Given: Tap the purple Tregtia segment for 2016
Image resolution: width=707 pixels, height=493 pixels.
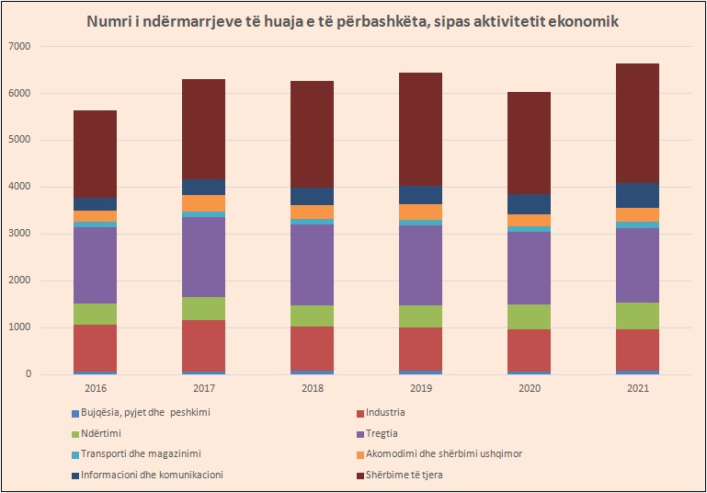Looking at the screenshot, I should point(95,265).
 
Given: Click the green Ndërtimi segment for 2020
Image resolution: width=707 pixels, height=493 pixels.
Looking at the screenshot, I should point(529,317).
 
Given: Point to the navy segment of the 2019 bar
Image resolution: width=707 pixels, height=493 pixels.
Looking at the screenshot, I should point(420,195).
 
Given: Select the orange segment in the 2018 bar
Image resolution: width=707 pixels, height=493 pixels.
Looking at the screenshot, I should point(312,212).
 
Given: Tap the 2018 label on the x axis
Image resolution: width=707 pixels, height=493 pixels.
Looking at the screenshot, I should point(312,389).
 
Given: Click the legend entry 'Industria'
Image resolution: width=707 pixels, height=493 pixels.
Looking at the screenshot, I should point(383,413).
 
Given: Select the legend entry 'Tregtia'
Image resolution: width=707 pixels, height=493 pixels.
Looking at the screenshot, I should point(380,433).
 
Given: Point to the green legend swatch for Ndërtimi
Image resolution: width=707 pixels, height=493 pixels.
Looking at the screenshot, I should point(74,433).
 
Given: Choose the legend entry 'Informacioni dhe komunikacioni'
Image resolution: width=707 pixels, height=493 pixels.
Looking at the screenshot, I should point(152,475).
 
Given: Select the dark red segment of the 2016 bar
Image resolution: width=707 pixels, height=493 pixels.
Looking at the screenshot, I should point(95,154).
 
